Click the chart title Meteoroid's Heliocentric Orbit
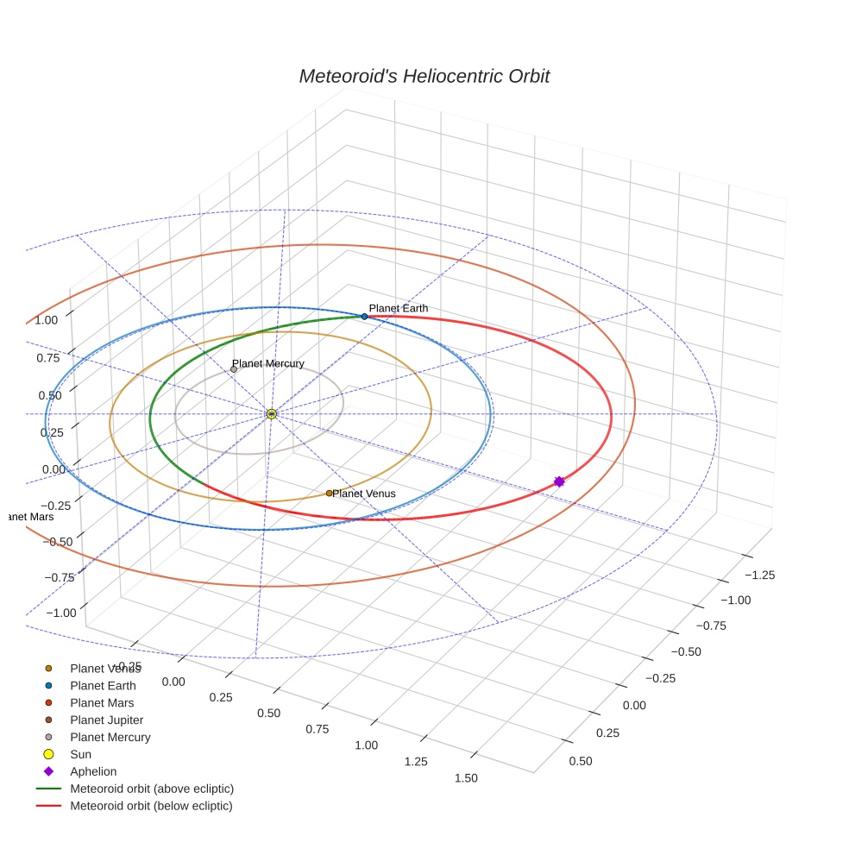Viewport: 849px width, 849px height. (424, 76)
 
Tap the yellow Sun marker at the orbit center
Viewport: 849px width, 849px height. (272, 414)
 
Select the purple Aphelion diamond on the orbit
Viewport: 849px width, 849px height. (559, 481)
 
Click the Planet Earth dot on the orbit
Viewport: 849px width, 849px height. (364, 317)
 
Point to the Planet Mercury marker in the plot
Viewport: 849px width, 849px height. (234, 369)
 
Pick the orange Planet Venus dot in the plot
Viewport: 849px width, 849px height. (329, 493)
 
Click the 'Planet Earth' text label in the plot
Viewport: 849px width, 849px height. (398, 308)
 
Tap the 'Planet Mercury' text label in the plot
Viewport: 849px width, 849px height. (268, 363)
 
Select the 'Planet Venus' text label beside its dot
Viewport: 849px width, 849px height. (364, 494)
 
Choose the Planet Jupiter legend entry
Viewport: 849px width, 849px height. (106, 720)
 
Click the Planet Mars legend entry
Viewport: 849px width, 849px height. (102, 702)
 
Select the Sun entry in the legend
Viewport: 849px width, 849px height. (81, 754)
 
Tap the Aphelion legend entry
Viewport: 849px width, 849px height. (93, 771)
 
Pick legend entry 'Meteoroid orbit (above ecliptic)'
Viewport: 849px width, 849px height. (152, 789)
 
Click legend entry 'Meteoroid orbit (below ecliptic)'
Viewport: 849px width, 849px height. (151, 806)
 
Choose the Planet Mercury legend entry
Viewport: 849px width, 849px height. (110, 737)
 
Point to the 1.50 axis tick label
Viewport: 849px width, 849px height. (465, 778)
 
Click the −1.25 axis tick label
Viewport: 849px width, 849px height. (759, 575)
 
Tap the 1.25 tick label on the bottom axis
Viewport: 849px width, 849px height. (417, 761)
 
